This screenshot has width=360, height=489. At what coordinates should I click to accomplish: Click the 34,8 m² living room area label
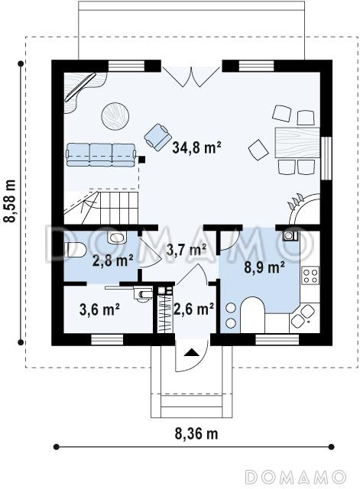pyautogui.click(x=196, y=147)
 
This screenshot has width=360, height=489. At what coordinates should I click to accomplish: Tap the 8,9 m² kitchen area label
pyautogui.click(x=264, y=267)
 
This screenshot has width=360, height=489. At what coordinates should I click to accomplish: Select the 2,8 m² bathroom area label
pyautogui.click(x=113, y=261)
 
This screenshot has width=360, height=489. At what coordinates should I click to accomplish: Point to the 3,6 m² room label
pyautogui.click(x=99, y=309)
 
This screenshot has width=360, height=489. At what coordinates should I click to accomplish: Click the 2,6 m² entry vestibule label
pyautogui.click(x=194, y=309)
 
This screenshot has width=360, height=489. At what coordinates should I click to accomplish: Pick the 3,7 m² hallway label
pyautogui.click(x=186, y=250)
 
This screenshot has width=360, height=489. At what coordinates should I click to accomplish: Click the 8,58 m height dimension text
pyautogui.click(x=10, y=201)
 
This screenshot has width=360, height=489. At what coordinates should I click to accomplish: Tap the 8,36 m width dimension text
pyautogui.click(x=196, y=433)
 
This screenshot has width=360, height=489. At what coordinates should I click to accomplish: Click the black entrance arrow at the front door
pyautogui.click(x=191, y=352)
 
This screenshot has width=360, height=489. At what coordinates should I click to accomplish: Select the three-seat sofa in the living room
pyautogui.click(x=101, y=154)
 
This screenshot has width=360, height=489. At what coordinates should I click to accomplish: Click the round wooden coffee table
pyautogui.click(x=115, y=115)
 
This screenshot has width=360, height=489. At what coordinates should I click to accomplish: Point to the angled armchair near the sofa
pyautogui.click(x=158, y=138)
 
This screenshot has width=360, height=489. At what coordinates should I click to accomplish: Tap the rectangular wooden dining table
pyautogui.click(x=297, y=142)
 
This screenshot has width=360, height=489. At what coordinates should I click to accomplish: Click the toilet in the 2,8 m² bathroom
pyautogui.click(x=75, y=250)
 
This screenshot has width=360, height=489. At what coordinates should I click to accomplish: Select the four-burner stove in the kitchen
pyautogui.click(x=310, y=275)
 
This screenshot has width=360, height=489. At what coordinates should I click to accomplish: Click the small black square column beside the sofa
pyautogui.click(x=142, y=160)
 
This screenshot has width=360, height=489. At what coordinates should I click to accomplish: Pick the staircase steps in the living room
pyautogui.click(x=101, y=209)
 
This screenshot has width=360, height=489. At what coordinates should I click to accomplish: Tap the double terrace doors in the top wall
pyautogui.click(x=191, y=76)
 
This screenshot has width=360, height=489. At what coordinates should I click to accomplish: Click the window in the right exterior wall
pyautogui.click(x=326, y=158)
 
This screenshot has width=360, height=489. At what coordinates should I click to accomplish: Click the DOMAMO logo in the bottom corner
pyautogui.click(x=295, y=477)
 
